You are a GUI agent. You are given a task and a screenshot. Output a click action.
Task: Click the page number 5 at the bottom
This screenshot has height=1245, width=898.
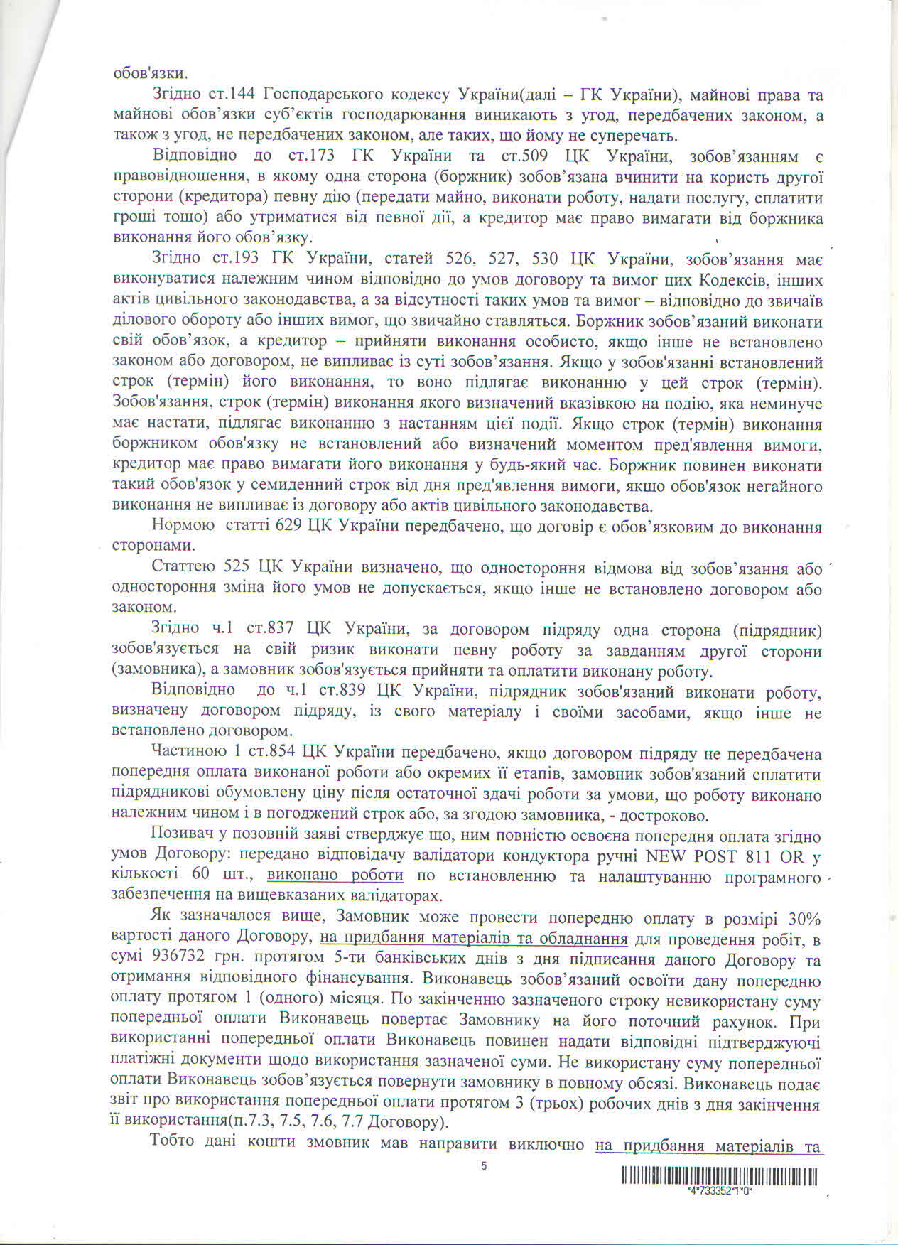(x=484, y=1165)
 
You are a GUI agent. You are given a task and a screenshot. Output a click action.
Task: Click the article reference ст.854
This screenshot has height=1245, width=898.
(x=269, y=753)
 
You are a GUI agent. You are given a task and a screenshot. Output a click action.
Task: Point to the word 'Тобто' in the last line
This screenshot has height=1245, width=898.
(x=174, y=1145)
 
